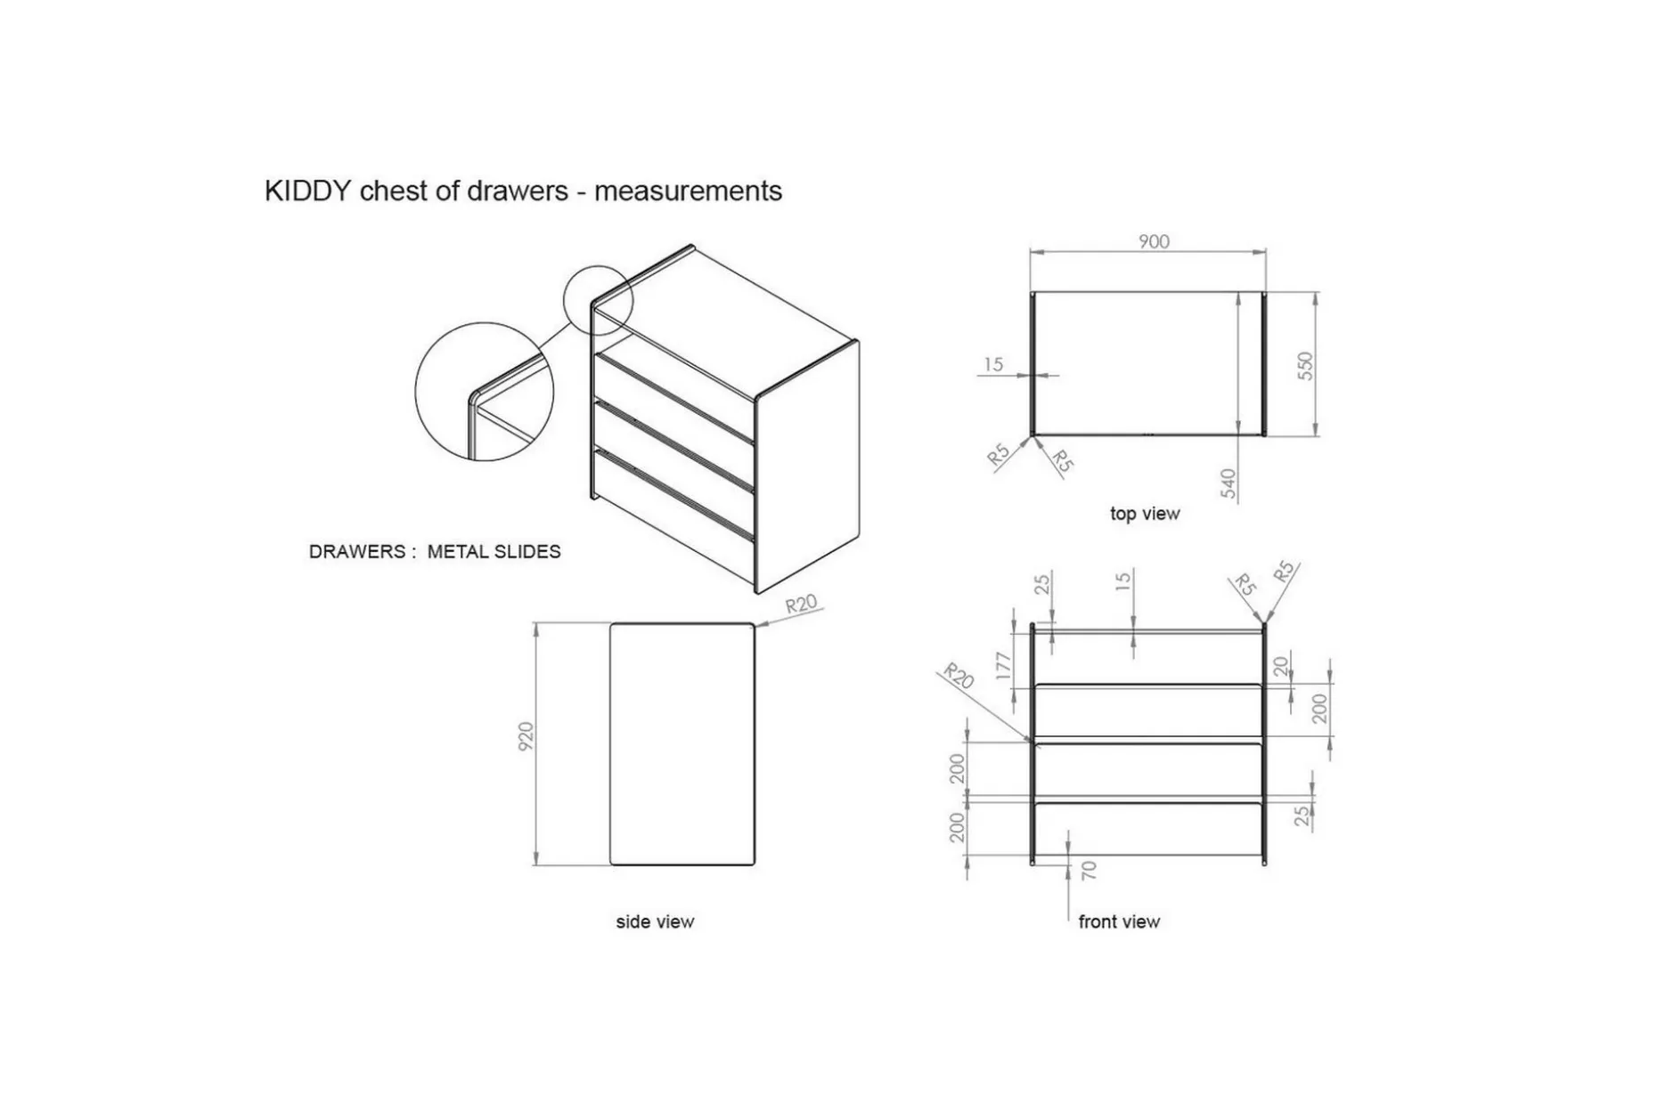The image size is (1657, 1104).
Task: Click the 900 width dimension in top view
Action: coord(1154,241)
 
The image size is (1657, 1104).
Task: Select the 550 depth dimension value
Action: coord(1305,366)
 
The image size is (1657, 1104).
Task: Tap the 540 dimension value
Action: coord(1228,483)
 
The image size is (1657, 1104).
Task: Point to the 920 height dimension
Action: coord(526,736)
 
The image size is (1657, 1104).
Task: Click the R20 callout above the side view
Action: coord(801,605)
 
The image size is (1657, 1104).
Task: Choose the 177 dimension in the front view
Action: coord(1004,666)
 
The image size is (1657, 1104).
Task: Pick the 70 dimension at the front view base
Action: coord(1089,871)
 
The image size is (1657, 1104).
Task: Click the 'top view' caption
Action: coord(1145,514)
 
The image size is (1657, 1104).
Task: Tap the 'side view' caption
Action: coord(655,921)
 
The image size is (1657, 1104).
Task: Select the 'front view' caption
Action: coord(1119,921)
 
